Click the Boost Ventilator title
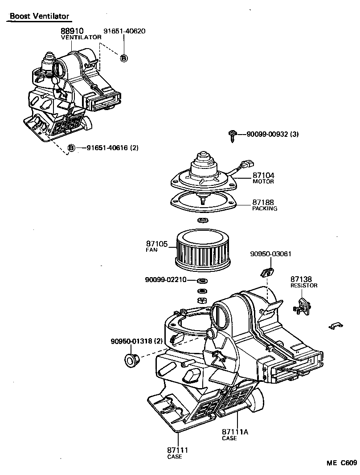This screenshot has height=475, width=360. (40, 16)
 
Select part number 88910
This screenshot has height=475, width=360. (72, 31)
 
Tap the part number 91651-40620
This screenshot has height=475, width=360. (124, 31)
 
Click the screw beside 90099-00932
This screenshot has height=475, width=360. (233, 135)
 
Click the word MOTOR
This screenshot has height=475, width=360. (263, 182)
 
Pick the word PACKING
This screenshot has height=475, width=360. (265, 209)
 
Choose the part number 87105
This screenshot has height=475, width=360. (156, 244)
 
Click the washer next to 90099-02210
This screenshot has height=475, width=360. (202, 280)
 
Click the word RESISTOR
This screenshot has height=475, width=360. (304, 285)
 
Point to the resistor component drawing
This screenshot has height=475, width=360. (303, 307)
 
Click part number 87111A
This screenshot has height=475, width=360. (235, 432)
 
